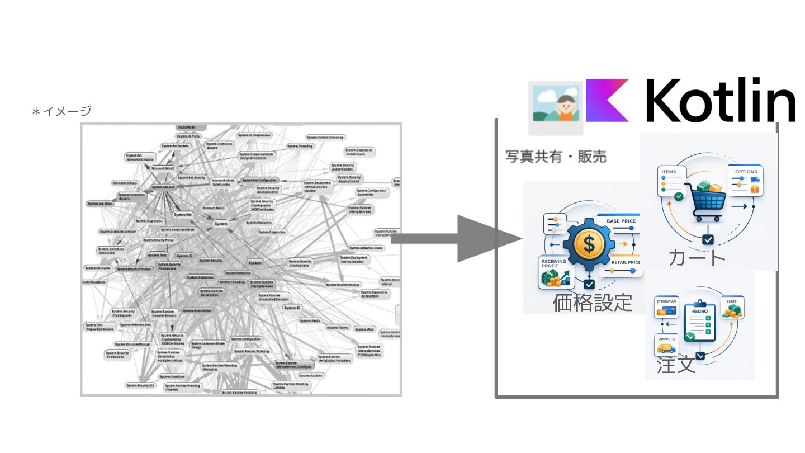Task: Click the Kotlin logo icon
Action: tap(607, 101)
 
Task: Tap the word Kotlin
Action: tap(721, 101)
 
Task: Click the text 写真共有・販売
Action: tap(556, 156)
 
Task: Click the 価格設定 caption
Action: tap(592, 303)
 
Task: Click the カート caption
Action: tap(697, 257)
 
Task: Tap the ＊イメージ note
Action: tap(61, 111)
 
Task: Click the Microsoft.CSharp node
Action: tap(125, 183)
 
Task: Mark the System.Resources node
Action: tap(259, 223)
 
